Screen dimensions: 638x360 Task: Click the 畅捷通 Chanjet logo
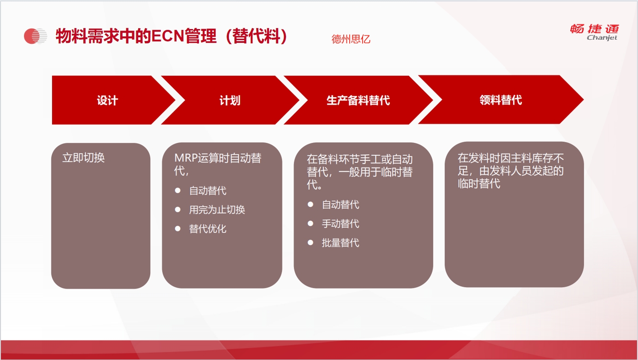[x=594, y=32]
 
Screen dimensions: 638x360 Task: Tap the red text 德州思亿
[x=351, y=39]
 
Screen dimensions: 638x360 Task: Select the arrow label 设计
[x=107, y=100]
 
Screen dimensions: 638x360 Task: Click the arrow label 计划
[x=230, y=100]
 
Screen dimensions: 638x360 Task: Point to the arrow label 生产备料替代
[x=358, y=100]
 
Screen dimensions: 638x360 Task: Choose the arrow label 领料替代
[x=501, y=100]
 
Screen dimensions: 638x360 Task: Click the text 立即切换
[x=83, y=158]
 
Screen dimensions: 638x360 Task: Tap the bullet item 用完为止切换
[x=217, y=210]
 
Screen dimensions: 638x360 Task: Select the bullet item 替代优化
[x=208, y=229]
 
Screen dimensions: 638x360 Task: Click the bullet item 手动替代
[x=340, y=224]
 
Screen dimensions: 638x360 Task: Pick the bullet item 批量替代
[x=340, y=243]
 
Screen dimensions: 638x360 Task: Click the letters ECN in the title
[x=168, y=36]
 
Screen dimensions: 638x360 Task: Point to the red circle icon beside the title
[x=32, y=36]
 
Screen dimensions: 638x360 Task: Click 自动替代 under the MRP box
[x=208, y=191]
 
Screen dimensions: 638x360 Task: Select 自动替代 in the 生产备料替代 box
[x=340, y=205]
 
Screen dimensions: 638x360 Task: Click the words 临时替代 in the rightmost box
[x=479, y=183]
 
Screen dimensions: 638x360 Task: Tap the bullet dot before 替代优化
[x=178, y=229]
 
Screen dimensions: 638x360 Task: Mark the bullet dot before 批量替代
[x=310, y=242]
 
